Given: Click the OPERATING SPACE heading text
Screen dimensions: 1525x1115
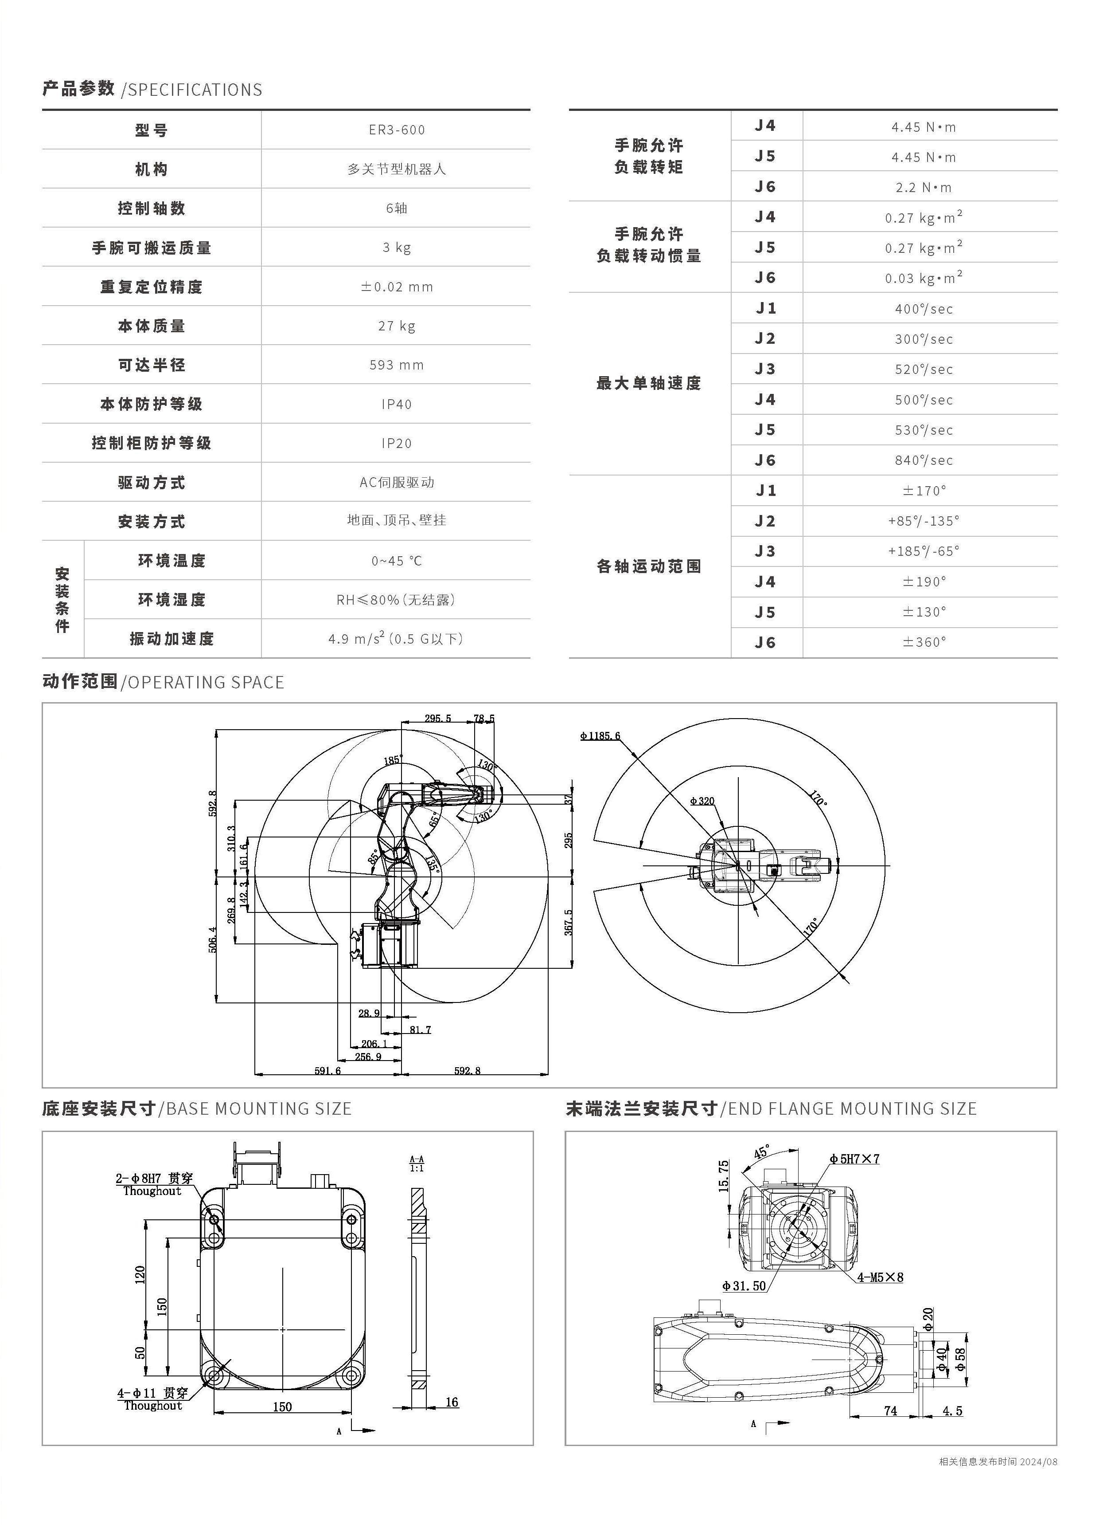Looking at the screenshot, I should pyautogui.click(x=206, y=682).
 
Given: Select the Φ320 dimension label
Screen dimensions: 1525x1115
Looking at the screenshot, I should pyautogui.click(x=702, y=801).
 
